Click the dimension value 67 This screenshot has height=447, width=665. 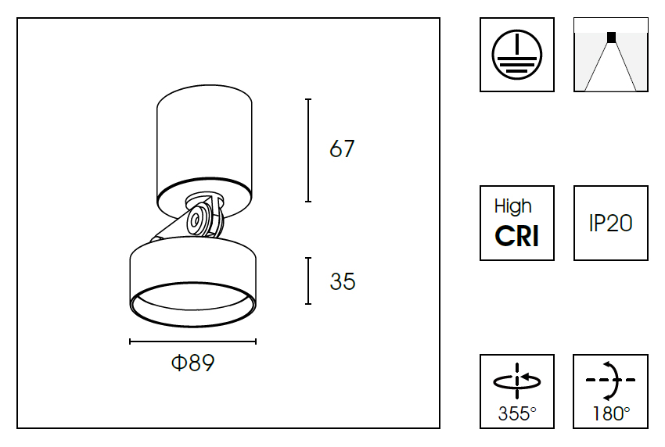[342, 149]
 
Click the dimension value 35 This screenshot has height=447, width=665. [342, 281]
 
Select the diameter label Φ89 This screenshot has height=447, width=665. [192, 363]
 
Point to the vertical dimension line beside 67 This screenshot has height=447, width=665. [309, 150]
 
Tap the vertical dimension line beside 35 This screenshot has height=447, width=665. [309, 281]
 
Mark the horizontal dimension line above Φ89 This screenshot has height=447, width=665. [192, 342]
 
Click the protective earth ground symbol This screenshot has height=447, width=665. [516, 55]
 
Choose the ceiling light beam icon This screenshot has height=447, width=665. [611, 55]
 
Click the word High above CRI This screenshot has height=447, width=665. [513, 206]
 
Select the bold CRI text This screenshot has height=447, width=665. [517, 236]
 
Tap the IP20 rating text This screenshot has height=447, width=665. [610, 223]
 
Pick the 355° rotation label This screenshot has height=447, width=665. [517, 413]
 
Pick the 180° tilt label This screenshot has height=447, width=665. [610, 413]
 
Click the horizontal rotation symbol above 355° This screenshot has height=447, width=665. [517, 381]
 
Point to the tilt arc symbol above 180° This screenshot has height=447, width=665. [611, 381]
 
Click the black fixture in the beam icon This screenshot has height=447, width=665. [611, 37]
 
